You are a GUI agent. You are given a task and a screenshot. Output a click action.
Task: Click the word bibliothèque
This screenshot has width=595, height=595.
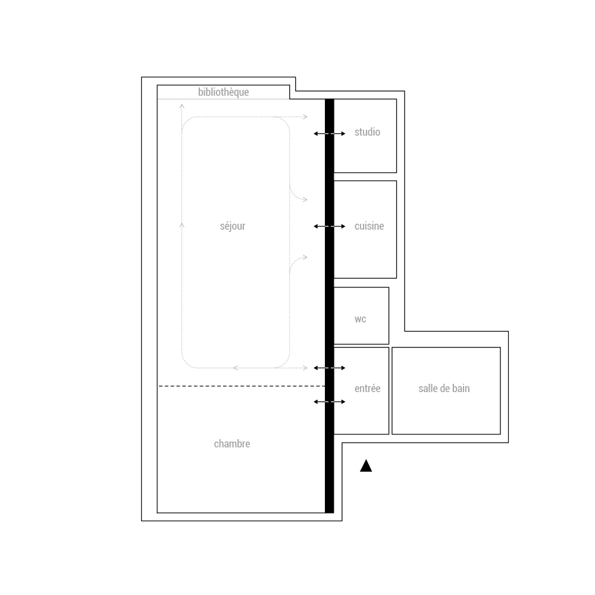[224, 92]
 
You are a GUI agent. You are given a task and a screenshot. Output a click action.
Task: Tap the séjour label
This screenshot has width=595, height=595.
[233, 226]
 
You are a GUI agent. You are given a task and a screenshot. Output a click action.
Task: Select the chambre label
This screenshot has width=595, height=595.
[232, 444]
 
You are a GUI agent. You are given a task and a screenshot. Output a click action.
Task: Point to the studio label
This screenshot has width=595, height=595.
[367, 132]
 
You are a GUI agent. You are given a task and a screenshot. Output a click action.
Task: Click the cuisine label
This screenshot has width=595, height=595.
[369, 226]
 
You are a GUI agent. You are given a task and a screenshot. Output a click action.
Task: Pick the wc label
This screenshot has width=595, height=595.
[361, 319]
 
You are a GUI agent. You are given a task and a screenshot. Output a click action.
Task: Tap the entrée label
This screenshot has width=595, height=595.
[367, 388]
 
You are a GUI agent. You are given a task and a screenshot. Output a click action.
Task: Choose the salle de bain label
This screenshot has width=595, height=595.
[444, 388]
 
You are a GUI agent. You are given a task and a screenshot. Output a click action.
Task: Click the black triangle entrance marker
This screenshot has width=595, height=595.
[366, 466]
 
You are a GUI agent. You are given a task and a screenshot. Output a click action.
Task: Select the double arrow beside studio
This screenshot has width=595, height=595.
[330, 133]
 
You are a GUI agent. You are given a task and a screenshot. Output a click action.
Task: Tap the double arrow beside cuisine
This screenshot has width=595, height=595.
[330, 226]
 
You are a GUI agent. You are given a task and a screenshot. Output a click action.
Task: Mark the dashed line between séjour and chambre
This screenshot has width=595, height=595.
[242, 386]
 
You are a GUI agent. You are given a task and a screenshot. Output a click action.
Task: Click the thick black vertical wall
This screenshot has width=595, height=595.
[330, 306]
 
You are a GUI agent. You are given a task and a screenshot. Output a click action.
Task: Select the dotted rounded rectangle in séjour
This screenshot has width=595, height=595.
[182, 243]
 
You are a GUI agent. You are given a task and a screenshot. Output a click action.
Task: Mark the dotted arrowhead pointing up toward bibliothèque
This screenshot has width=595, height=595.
[182, 106]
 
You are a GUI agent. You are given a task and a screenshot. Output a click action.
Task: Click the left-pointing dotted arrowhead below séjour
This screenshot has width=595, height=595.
[236, 368]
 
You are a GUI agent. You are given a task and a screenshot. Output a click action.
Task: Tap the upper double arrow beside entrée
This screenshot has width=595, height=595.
[330, 368]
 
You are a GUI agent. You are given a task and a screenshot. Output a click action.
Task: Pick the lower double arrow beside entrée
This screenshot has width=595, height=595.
[330, 402]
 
